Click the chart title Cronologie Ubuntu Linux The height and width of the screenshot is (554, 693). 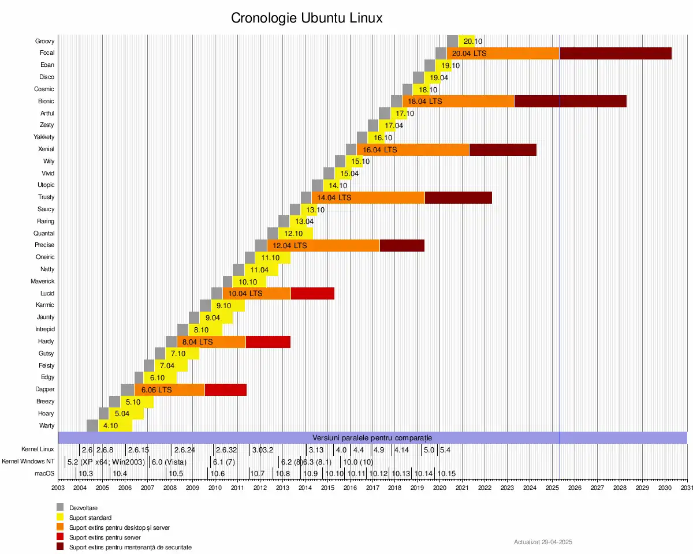coord(307,18)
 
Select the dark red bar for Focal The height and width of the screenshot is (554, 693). coord(615,53)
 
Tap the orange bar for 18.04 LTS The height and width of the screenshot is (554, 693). coord(458,101)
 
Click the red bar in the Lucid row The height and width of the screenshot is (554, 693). coord(312,293)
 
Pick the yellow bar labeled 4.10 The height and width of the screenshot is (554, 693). coord(115,426)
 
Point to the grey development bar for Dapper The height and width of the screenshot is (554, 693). coord(127,390)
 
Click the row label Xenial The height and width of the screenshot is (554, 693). coord(46,149)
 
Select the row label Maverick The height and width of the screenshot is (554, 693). coord(43,282)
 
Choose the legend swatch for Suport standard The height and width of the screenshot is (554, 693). coord(59,517)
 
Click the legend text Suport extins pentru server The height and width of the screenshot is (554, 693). coord(105,537)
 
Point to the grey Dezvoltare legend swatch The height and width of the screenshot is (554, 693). coord(59,507)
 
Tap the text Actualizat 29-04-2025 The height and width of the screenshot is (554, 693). coord(543,542)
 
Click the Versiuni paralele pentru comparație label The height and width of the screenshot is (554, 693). coord(372,438)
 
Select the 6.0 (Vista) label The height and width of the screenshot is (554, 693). coord(169,462)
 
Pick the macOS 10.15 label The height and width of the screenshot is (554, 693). coord(446,474)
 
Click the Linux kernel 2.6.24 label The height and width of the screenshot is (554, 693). coord(184,450)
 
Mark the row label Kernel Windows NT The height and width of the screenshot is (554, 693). coord(28,462)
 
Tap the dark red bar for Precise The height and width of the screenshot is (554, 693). coord(402,245)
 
